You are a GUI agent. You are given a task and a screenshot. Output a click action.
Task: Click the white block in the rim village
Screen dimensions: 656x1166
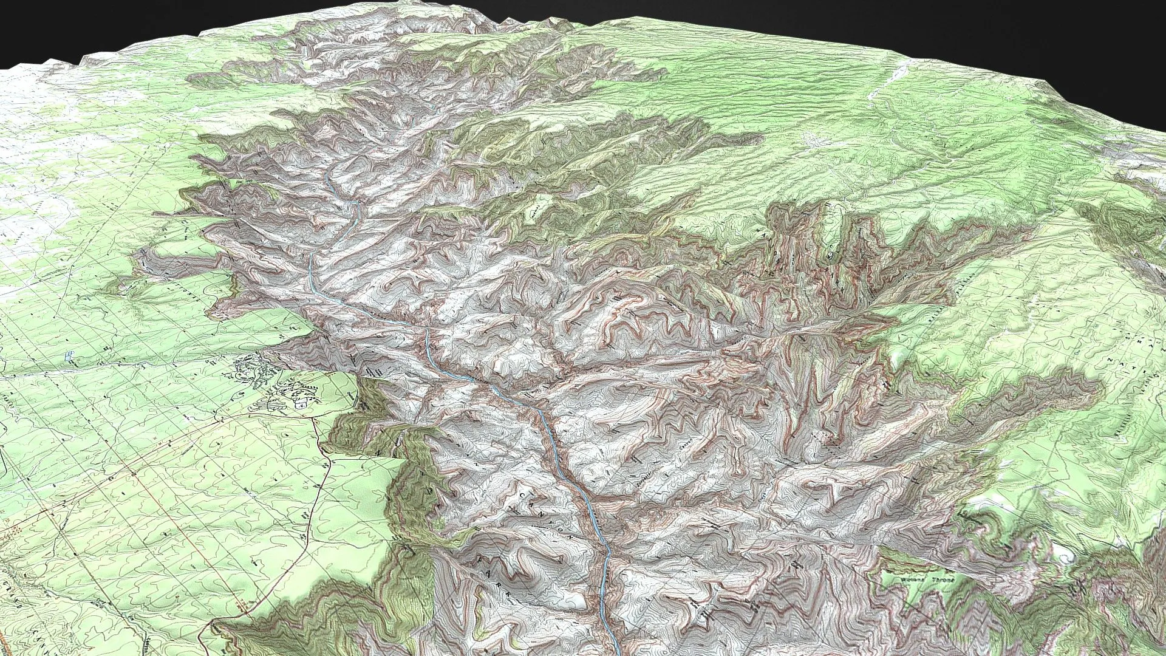tap(300, 403)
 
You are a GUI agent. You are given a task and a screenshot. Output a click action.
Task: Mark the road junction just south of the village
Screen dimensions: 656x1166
tap(315, 419)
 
